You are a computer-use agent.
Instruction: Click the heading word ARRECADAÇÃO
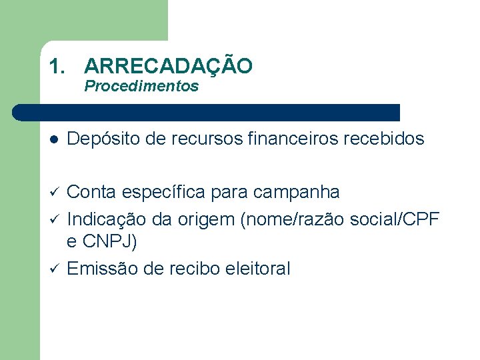pyautogui.click(x=168, y=66)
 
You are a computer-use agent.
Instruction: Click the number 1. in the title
pyautogui.click(x=59, y=66)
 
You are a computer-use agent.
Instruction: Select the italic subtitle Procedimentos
pyautogui.click(x=141, y=86)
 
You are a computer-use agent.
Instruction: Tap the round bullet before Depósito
pyautogui.click(x=53, y=139)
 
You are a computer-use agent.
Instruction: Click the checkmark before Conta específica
pyautogui.click(x=53, y=193)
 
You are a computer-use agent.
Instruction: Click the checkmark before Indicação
pyautogui.click(x=53, y=219)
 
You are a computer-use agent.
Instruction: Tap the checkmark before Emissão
pyautogui.click(x=53, y=269)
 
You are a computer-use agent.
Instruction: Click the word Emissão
pyautogui.click(x=99, y=269)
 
